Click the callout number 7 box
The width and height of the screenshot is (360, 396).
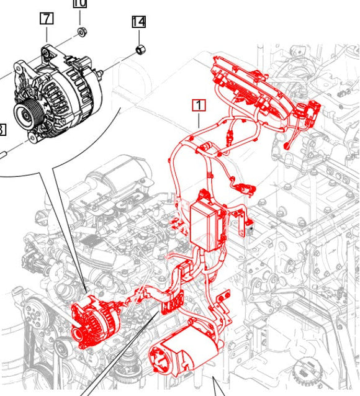(x=47, y=18)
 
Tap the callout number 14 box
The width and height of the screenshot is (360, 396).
(x=138, y=22)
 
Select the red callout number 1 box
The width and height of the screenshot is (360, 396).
(x=199, y=105)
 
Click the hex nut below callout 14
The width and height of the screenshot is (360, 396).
(x=140, y=48)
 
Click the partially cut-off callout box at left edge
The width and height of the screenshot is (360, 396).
(x=2, y=129)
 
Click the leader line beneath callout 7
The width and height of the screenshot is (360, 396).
(x=47, y=34)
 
